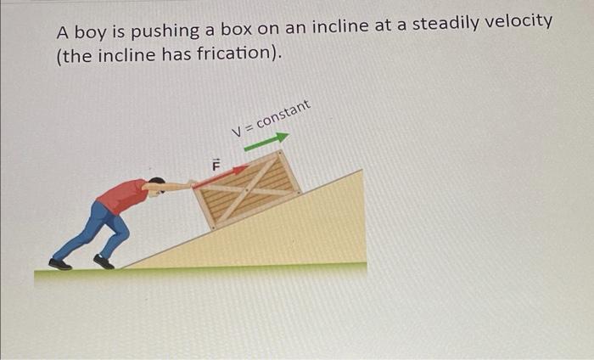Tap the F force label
[216, 164]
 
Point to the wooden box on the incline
[247, 191]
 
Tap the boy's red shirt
[124, 196]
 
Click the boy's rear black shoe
[60, 264]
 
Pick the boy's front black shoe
[104, 262]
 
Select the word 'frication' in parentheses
[230, 55]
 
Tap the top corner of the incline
[361, 172]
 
